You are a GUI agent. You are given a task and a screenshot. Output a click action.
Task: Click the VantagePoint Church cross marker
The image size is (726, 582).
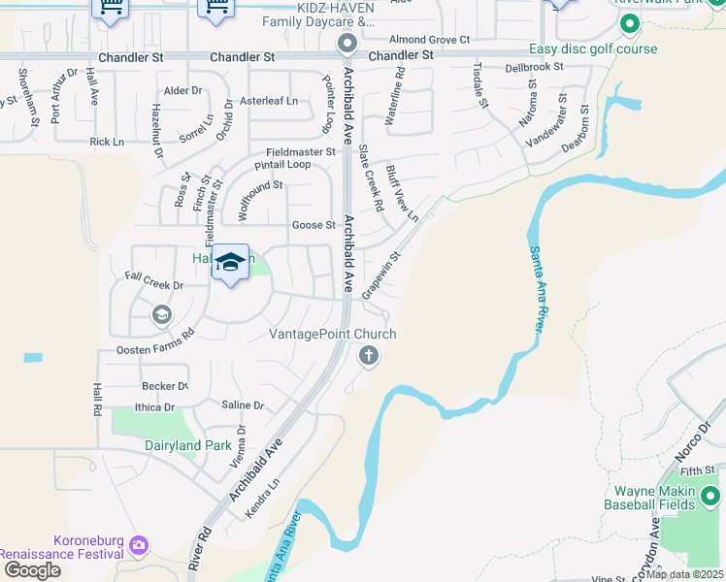(x=368, y=356)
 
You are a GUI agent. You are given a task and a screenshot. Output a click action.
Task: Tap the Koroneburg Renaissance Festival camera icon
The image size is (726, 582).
(x=139, y=545)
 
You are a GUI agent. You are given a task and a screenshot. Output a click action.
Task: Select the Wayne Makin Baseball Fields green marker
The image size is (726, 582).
(x=709, y=498)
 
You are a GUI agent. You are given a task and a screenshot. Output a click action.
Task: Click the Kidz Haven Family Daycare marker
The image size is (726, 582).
(x=347, y=44)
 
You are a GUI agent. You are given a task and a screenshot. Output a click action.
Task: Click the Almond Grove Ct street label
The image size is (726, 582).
(x=429, y=40)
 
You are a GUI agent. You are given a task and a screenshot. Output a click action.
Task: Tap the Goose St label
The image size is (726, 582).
(x=313, y=225)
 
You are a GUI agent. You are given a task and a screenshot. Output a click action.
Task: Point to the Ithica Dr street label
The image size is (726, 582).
(x=154, y=408)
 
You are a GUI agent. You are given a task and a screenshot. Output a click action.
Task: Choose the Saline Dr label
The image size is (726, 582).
(x=243, y=405)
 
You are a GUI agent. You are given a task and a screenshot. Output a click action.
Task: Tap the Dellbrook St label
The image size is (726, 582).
(x=535, y=68)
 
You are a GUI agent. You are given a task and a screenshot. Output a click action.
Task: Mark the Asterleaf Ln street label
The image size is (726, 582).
(x=269, y=101)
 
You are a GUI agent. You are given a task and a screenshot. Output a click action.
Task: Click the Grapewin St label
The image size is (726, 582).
(x=380, y=276)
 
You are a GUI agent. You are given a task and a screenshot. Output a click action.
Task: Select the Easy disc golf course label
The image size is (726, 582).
(x=593, y=49)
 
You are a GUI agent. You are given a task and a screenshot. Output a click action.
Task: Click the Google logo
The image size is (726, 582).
(x=31, y=570)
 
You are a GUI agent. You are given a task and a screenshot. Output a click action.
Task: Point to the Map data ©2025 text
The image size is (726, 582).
(x=684, y=574)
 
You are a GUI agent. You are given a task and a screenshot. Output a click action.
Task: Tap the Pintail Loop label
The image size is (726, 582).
(x=282, y=165)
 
